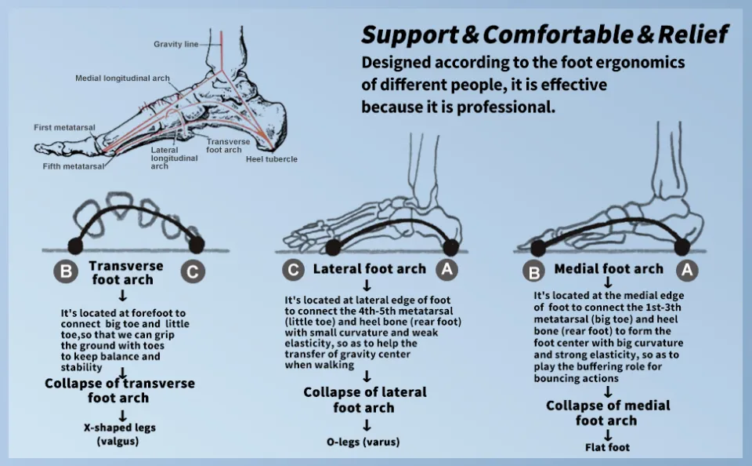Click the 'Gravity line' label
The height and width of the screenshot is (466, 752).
coord(175,44)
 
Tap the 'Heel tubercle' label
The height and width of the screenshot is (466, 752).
coord(271,159)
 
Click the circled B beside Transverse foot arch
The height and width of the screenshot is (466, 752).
coord(66,272)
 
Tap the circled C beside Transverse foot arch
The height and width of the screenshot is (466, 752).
coord(193,272)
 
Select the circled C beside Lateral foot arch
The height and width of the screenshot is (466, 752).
coord(293,270)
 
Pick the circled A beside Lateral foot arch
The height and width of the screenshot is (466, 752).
coord(446,270)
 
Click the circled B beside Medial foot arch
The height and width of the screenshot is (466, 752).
coord(534,271)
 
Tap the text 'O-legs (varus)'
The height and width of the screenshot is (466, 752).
coord(363,442)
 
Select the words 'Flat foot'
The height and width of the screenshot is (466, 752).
coord(607,447)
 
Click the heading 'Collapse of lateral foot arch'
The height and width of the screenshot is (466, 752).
coord(364,399)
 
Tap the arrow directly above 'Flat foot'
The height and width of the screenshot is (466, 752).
coord(607,435)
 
